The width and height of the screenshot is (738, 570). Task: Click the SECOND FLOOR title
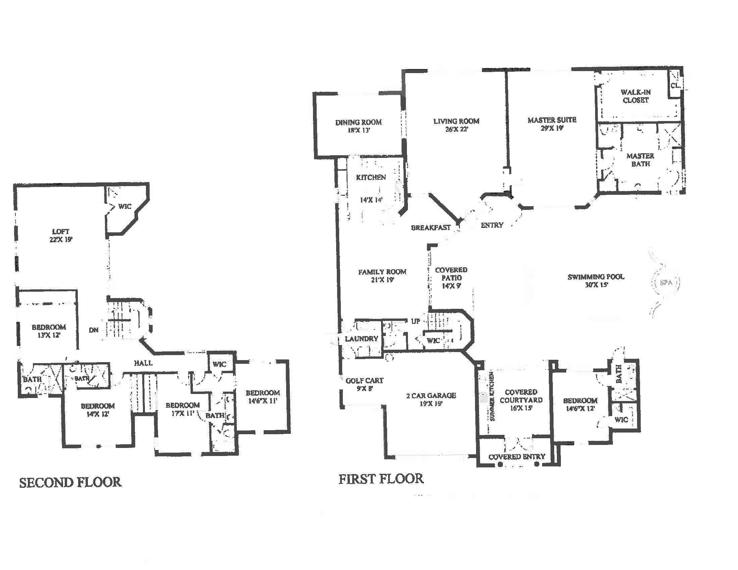pyautogui.click(x=70, y=482)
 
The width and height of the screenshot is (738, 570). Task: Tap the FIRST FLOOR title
pyautogui.click(x=381, y=479)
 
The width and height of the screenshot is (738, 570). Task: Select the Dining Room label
pyautogui.click(x=358, y=126)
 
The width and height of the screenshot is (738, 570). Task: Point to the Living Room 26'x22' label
pyautogui.click(x=456, y=125)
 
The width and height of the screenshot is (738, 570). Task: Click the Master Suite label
pyautogui.click(x=552, y=124)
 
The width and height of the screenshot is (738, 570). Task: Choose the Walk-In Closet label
pyautogui.click(x=635, y=96)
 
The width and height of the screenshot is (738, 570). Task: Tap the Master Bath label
pyautogui.click(x=640, y=160)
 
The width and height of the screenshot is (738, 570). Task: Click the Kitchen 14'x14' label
pyautogui.click(x=371, y=188)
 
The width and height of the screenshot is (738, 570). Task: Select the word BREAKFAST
pyautogui.click(x=431, y=228)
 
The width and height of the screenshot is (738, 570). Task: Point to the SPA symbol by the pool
pyautogui.click(x=666, y=282)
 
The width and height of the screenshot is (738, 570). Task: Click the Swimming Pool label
pyautogui.click(x=596, y=281)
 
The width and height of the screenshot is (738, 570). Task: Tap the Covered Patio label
pyautogui.click(x=451, y=278)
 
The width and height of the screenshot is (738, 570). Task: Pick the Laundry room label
pyautogui.click(x=361, y=339)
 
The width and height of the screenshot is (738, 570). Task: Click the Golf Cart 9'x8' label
pyautogui.click(x=364, y=384)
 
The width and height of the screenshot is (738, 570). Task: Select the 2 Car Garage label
pyautogui.click(x=431, y=399)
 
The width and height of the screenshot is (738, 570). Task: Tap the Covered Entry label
pyautogui.click(x=517, y=457)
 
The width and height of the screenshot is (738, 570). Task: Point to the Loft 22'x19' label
pyautogui.click(x=61, y=235)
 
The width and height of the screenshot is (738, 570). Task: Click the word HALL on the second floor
pyautogui.click(x=143, y=363)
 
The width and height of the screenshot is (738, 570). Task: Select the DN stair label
pyautogui.click(x=94, y=330)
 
